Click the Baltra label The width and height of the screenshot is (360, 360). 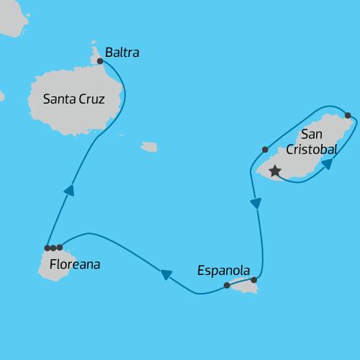point(122,53)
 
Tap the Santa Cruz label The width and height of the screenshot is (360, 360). point(73,99)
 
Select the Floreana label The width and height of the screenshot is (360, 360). point(75,265)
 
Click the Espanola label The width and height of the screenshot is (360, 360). point(223,271)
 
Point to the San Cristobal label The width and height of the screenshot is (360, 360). point(312,142)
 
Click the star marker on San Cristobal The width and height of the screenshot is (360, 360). point(274,171)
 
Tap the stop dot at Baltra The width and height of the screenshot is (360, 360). point(100,61)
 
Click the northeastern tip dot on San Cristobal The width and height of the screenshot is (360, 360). point(348,115)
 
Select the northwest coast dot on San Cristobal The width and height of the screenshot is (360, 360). point(265,150)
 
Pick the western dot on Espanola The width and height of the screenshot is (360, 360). point(227,286)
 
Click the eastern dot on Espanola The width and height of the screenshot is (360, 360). point(254,280)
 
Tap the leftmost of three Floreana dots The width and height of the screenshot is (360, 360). point(47,248)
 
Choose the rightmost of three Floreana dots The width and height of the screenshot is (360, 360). point(60,248)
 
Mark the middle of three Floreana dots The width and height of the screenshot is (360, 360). point(53,248)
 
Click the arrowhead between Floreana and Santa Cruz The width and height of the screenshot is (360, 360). point(69,191)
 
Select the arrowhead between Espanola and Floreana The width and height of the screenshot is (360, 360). point(166,274)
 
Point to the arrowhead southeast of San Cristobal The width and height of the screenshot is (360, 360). point(327,164)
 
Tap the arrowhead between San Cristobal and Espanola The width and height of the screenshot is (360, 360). point(255,204)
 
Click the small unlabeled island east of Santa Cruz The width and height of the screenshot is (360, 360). point(149,147)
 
